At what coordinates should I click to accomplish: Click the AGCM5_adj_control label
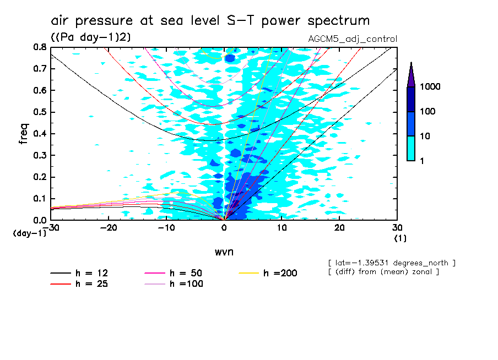pos(353,39)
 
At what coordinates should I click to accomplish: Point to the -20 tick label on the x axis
pos(109,227)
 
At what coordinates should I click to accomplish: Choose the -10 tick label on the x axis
pos(166,227)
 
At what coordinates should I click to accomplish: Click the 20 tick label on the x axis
pos(339,227)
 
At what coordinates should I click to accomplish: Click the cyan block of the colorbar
pos(411,148)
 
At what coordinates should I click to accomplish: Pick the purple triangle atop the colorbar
pos(411,74)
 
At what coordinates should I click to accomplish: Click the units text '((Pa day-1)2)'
pos(90,37)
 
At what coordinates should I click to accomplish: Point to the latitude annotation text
pos(391,263)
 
